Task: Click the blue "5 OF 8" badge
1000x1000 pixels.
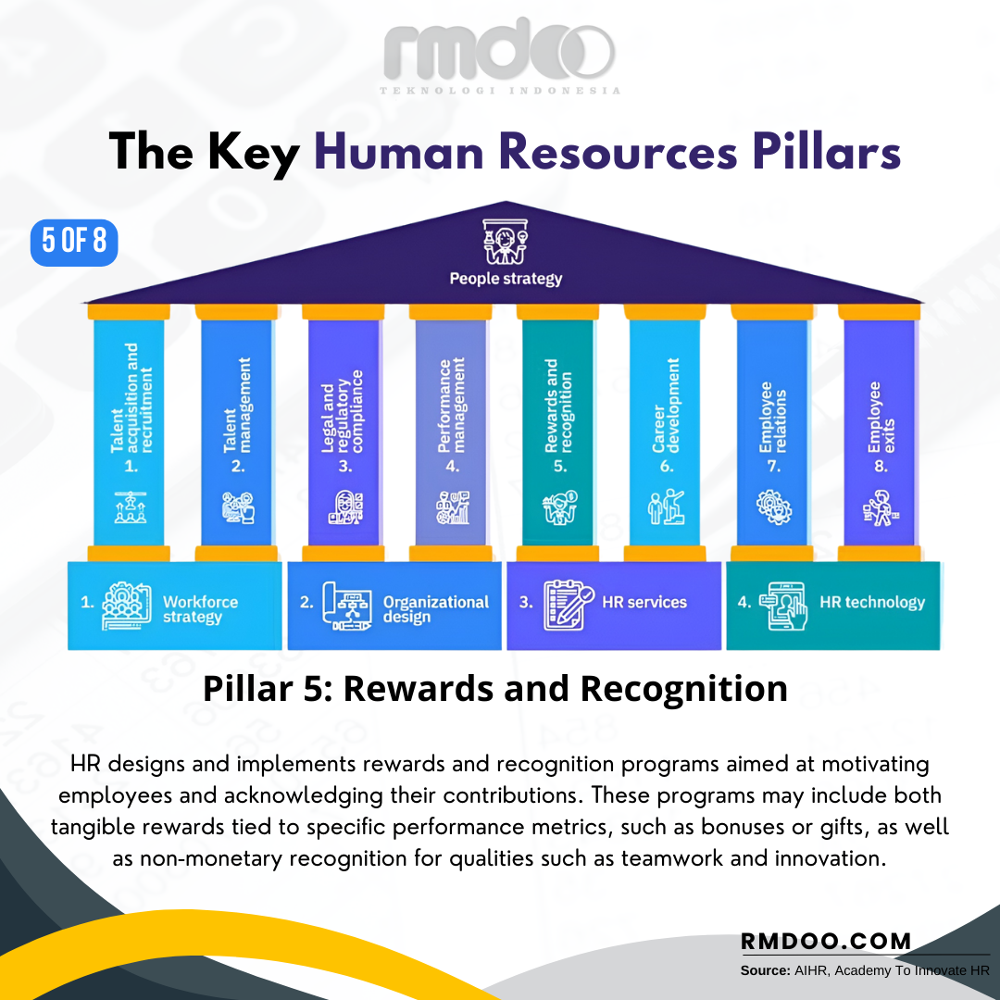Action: click(x=74, y=243)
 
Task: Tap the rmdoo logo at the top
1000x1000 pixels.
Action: click(x=499, y=56)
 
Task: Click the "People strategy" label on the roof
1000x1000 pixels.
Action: click(x=506, y=279)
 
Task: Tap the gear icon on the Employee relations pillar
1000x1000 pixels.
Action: click(x=773, y=507)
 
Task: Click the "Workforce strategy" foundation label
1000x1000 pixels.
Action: click(x=200, y=609)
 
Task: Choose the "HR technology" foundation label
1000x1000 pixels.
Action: click(x=872, y=603)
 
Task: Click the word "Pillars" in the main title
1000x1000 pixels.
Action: click(x=827, y=152)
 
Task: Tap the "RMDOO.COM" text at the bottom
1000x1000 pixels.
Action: click(x=826, y=942)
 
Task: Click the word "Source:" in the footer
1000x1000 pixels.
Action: click(x=766, y=970)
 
